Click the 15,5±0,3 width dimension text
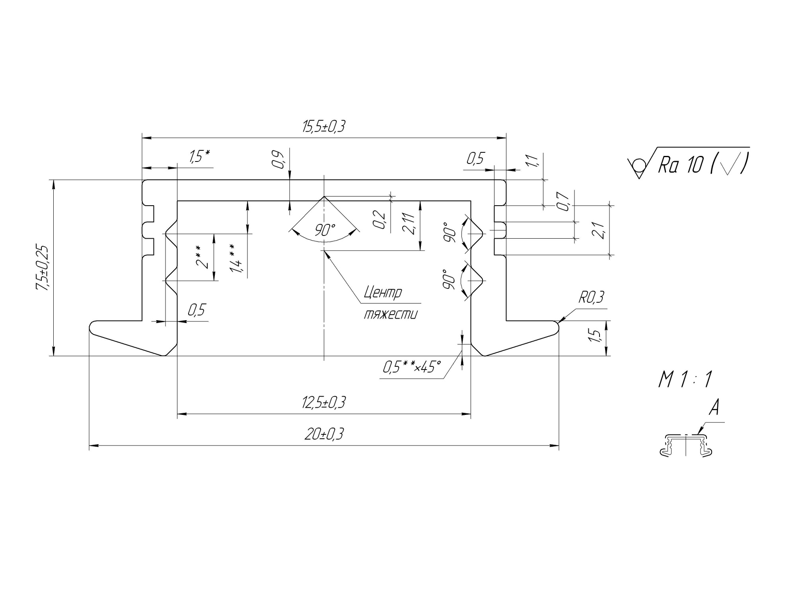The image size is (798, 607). click(323, 127)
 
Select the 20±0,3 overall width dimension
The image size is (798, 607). click(323, 434)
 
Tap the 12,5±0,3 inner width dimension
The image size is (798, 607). click(323, 403)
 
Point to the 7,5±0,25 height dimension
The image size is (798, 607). click(42, 268)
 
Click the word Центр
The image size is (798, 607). click(383, 293)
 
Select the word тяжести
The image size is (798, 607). click(391, 315)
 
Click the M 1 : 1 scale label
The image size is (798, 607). click(684, 380)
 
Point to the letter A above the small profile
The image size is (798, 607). click(714, 408)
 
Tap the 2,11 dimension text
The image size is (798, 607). click(409, 224)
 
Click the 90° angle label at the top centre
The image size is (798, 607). click(325, 230)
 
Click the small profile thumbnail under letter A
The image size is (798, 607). click(686, 446)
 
